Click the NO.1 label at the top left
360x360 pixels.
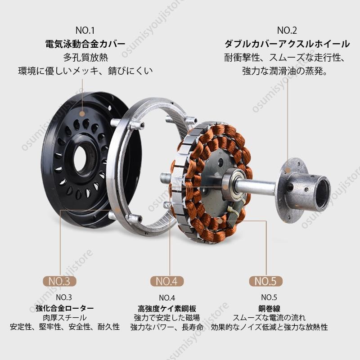[85, 31]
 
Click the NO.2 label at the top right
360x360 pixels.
[287, 31]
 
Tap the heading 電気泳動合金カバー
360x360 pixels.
[85, 44]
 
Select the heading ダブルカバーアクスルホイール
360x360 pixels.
[287, 44]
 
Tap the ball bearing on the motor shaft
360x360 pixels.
[229, 185]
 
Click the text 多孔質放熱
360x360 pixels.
[85, 58]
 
